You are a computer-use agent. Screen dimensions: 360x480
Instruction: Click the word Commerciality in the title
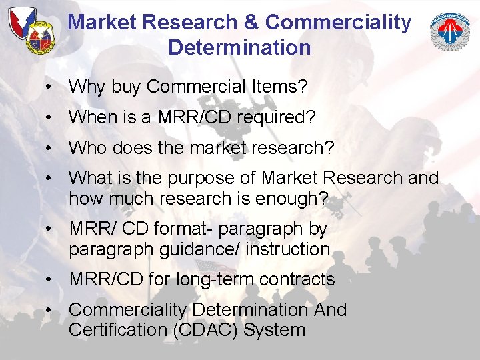point(338,22)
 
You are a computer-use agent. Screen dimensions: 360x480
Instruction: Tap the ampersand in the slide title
point(250,22)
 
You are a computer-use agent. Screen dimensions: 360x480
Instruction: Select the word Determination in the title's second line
point(239,47)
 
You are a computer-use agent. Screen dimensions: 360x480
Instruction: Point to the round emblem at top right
point(450,33)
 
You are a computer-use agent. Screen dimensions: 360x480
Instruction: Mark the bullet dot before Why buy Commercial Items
point(50,87)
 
